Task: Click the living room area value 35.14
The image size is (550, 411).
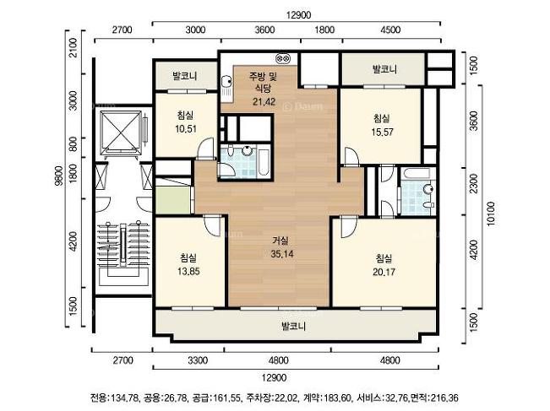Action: pyautogui.click(x=282, y=254)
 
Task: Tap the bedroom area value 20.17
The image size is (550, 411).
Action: pyautogui.click(x=384, y=272)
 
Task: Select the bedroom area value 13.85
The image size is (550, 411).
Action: pyautogui.click(x=188, y=271)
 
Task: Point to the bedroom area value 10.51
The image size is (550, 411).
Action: pyautogui.click(x=186, y=128)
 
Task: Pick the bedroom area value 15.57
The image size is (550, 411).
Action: pyautogui.click(x=383, y=132)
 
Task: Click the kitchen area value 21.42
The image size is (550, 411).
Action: pyautogui.click(x=264, y=101)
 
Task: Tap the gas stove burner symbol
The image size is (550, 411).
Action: pyautogui.click(x=283, y=57)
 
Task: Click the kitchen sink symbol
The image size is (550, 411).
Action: pyautogui.click(x=226, y=89)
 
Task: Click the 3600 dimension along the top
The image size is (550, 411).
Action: pyautogui.click(x=264, y=30)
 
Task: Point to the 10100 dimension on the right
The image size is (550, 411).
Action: pyautogui.click(x=491, y=214)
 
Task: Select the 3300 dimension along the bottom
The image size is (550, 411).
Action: pyautogui.click(x=198, y=360)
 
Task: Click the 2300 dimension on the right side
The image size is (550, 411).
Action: pyautogui.click(x=473, y=183)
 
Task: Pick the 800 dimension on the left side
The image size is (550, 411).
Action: pyautogui.click(x=73, y=143)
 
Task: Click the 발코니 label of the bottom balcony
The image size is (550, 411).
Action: pyautogui.click(x=294, y=327)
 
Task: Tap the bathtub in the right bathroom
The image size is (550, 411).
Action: pyautogui.click(x=417, y=174)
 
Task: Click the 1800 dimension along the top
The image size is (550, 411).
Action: pyautogui.click(x=324, y=30)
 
